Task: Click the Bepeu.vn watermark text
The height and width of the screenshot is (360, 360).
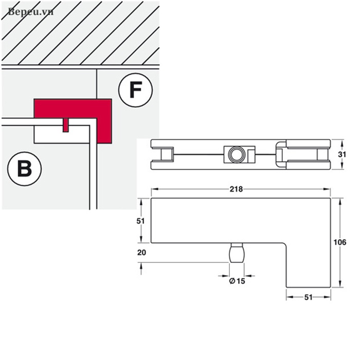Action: (x=30, y=11)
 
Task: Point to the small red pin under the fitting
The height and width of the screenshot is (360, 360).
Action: (x=65, y=125)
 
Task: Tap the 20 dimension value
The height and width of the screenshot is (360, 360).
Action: (x=142, y=253)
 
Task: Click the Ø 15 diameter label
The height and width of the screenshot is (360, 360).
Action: (x=237, y=280)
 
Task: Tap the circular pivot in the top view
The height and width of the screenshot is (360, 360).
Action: (x=237, y=154)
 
